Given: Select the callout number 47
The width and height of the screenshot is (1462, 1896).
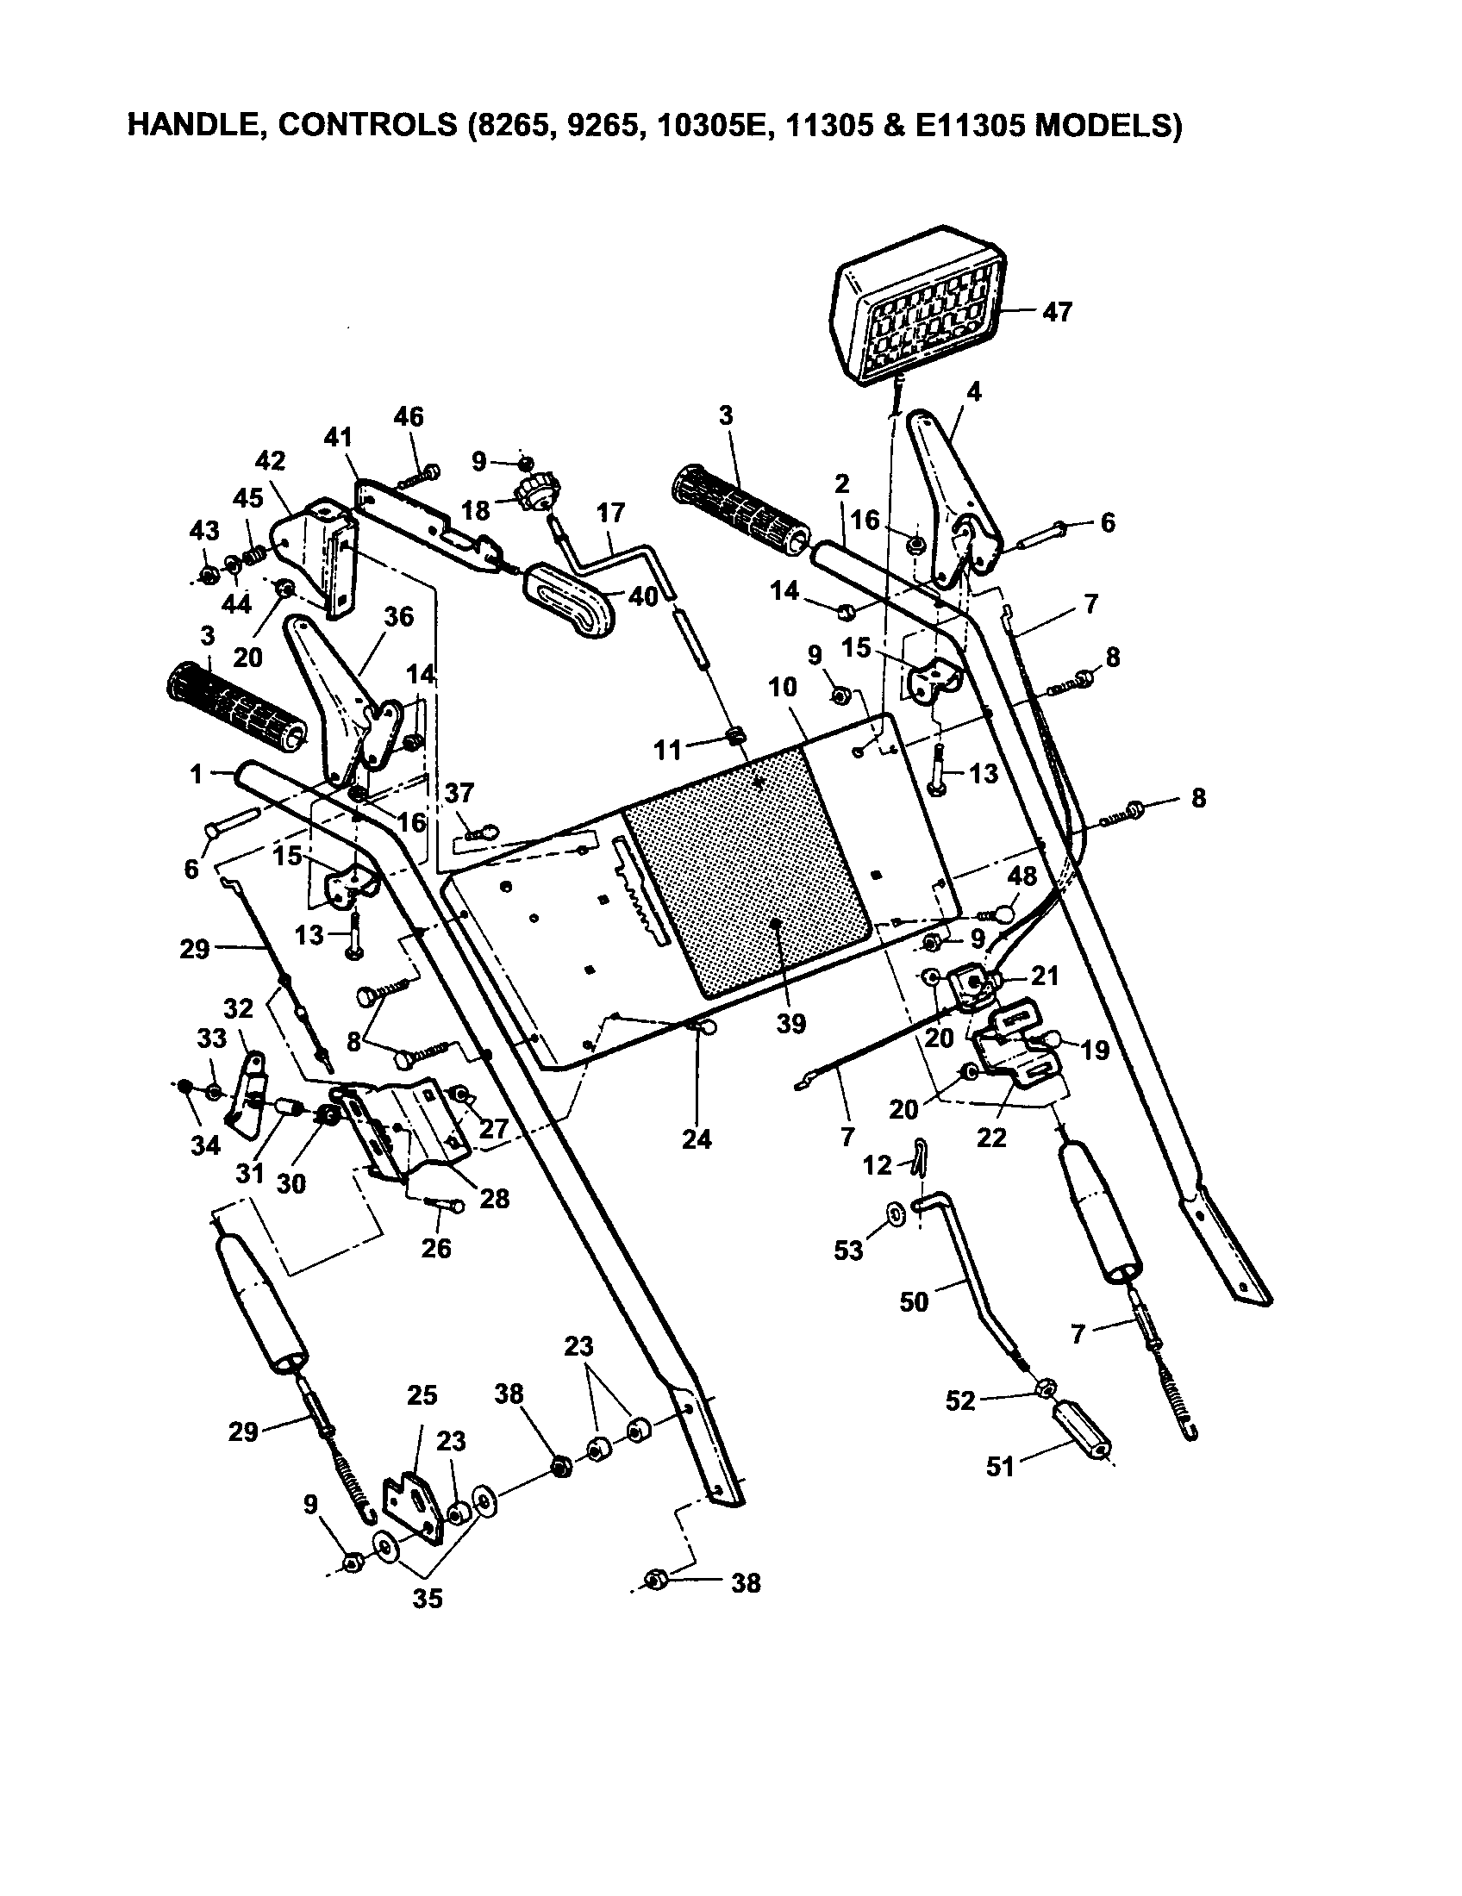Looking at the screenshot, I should [x=1057, y=312].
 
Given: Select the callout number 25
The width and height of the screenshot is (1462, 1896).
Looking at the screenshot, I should [x=422, y=1395].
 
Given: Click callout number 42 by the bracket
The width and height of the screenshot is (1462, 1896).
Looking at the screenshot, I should [x=270, y=459].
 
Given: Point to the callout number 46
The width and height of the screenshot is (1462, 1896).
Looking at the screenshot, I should [x=409, y=417].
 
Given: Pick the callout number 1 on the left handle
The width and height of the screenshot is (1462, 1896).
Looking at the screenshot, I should [x=197, y=774].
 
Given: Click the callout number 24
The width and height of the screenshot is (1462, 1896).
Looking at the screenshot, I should [x=697, y=1139].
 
